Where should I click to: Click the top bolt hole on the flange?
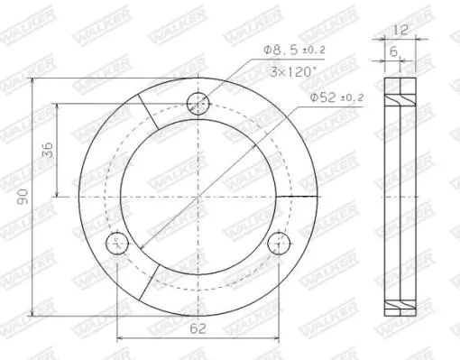(x=198, y=104)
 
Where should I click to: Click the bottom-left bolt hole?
(x=117, y=244)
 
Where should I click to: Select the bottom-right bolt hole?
(x=279, y=244)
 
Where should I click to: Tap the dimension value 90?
(x=23, y=197)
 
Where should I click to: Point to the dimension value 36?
(x=48, y=150)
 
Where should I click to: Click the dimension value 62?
(x=198, y=328)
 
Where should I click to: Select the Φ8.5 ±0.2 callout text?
(x=294, y=50)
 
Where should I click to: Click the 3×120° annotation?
(x=293, y=72)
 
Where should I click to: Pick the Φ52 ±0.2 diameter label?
(x=336, y=97)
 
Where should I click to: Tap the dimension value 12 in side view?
(x=400, y=30)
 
